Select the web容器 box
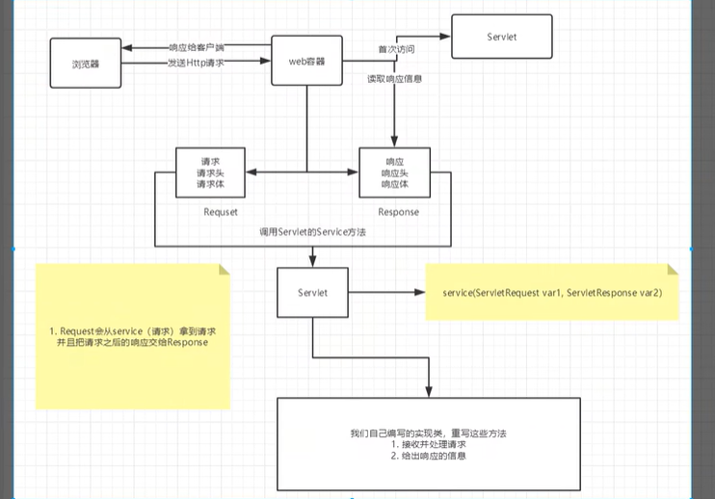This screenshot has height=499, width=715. pos(307,62)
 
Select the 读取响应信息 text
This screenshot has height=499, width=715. pos(394,78)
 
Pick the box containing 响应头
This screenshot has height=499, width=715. pos(394,172)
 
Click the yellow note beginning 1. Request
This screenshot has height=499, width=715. pos(132,337)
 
